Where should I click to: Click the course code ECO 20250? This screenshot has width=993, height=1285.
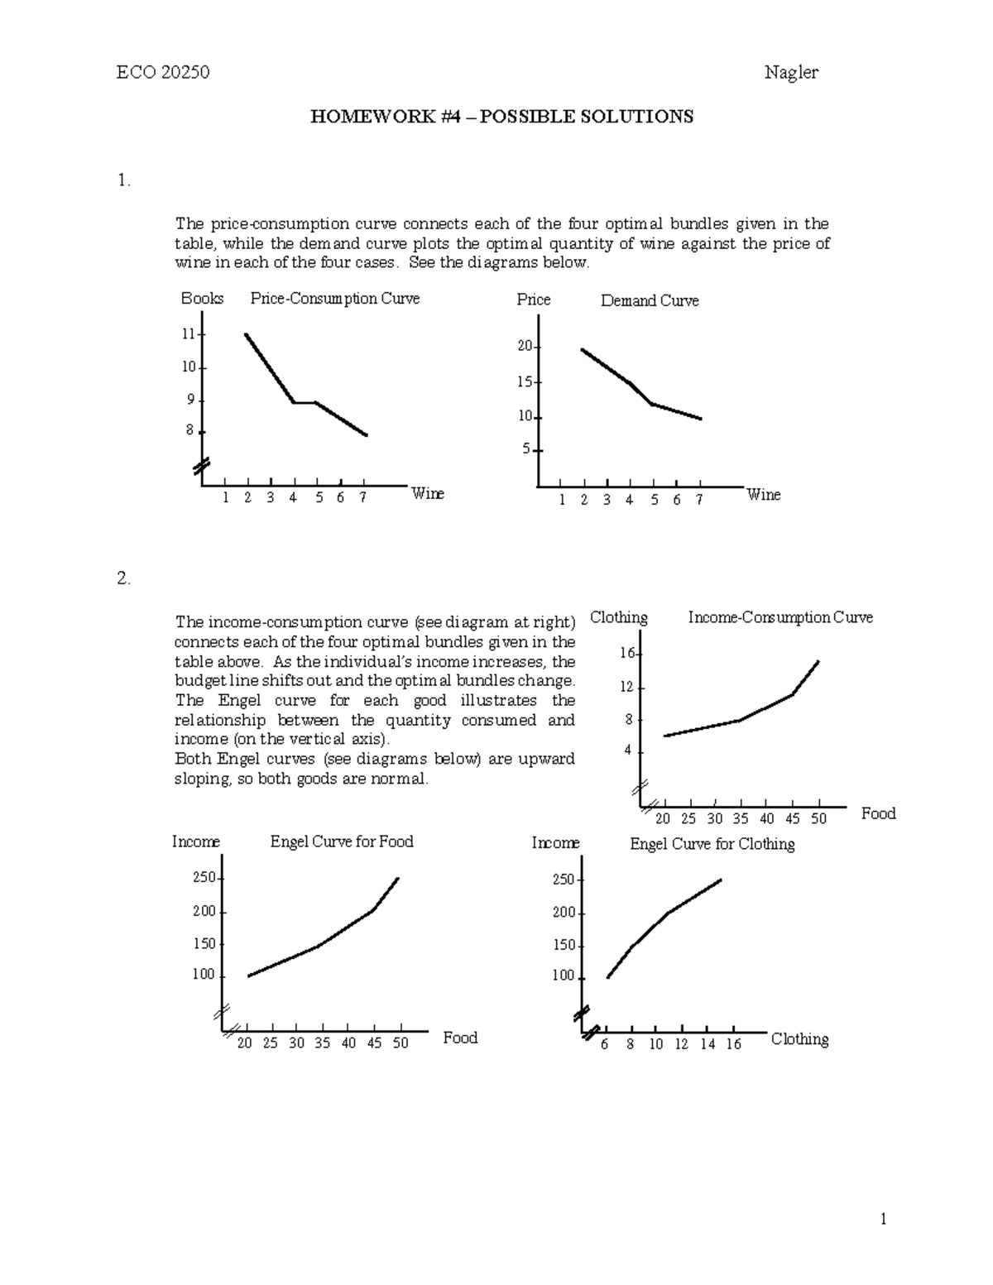click(x=162, y=72)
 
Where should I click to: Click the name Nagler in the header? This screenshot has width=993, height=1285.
click(x=791, y=72)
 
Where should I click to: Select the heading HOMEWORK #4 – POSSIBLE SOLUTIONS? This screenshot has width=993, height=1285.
click(x=501, y=116)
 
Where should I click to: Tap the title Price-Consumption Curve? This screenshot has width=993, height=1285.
click(x=335, y=299)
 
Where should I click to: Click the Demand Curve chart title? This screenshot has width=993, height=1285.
click(x=650, y=301)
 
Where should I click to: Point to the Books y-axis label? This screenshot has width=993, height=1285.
click(x=202, y=299)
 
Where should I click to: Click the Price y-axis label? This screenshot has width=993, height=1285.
click(x=534, y=300)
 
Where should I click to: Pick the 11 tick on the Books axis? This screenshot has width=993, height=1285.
click(x=189, y=334)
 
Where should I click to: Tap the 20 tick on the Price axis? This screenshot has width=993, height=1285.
click(x=525, y=346)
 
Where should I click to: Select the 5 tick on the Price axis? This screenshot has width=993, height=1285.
click(x=526, y=449)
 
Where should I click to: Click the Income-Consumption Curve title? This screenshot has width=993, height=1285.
click(x=780, y=617)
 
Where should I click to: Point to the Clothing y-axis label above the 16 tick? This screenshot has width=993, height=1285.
click(x=619, y=617)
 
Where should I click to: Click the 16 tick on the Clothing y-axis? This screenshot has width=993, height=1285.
click(x=626, y=653)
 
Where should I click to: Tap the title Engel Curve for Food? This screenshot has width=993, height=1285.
click(x=342, y=841)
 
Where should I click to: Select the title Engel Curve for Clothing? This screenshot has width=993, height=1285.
click(x=712, y=844)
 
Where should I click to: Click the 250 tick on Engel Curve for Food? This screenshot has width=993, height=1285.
click(x=204, y=877)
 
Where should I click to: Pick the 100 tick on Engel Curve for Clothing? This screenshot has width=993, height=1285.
click(x=563, y=976)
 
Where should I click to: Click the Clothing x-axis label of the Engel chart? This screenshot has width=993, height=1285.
click(x=799, y=1039)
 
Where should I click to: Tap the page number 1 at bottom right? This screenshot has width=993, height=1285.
click(x=884, y=1219)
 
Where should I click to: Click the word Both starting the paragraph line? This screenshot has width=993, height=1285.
click(x=193, y=759)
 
